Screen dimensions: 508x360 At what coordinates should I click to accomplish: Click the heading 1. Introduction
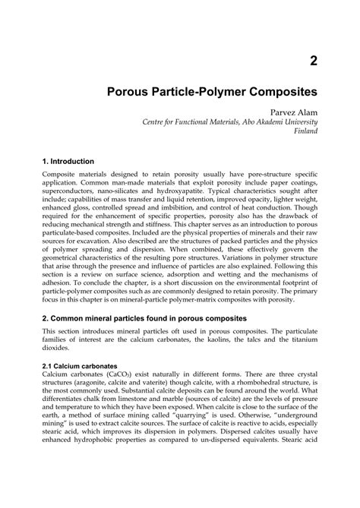point(68,162)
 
